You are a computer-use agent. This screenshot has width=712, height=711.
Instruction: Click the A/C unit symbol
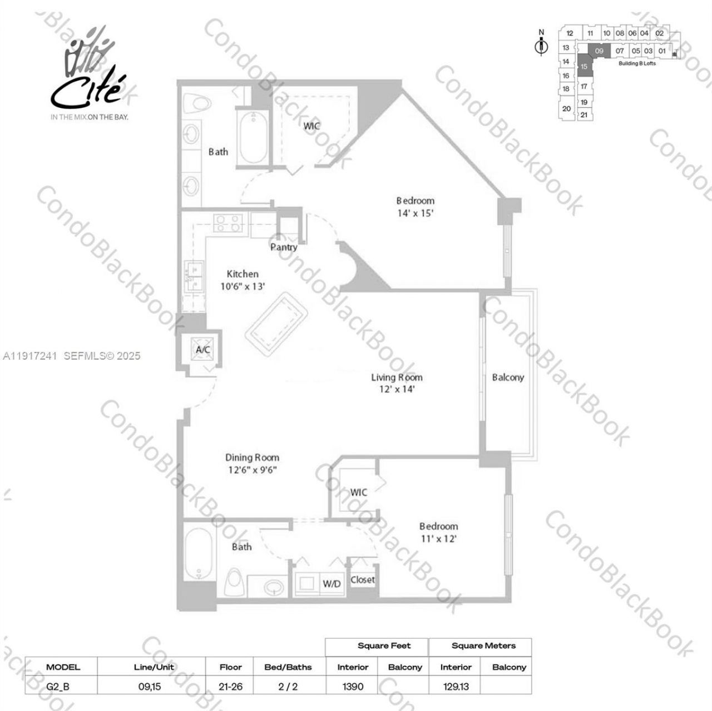[x=202, y=350]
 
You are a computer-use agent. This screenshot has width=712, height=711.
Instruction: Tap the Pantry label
[x=284, y=247]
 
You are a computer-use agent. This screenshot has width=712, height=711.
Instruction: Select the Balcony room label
[x=508, y=377]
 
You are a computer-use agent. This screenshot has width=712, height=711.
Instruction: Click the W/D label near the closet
[x=332, y=584]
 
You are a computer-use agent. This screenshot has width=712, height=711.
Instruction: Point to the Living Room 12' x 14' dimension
[x=397, y=389]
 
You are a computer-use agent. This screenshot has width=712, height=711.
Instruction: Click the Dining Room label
[x=252, y=458]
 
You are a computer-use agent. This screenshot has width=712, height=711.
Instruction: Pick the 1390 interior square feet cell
[x=353, y=687]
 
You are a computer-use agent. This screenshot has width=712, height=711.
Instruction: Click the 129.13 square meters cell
[x=456, y=687]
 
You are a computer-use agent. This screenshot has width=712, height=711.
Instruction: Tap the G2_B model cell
[x=58, y=687]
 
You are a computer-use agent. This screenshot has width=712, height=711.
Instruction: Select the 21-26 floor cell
[x=230, y=687]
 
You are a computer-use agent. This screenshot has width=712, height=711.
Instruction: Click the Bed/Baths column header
[x=288, y=667]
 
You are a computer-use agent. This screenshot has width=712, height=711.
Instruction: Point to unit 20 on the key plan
[x=566, y=108]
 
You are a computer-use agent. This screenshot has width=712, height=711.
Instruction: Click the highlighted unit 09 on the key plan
[x=599, y=51]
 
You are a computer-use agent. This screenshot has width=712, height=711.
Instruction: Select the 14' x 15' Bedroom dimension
[x=415, y=212]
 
